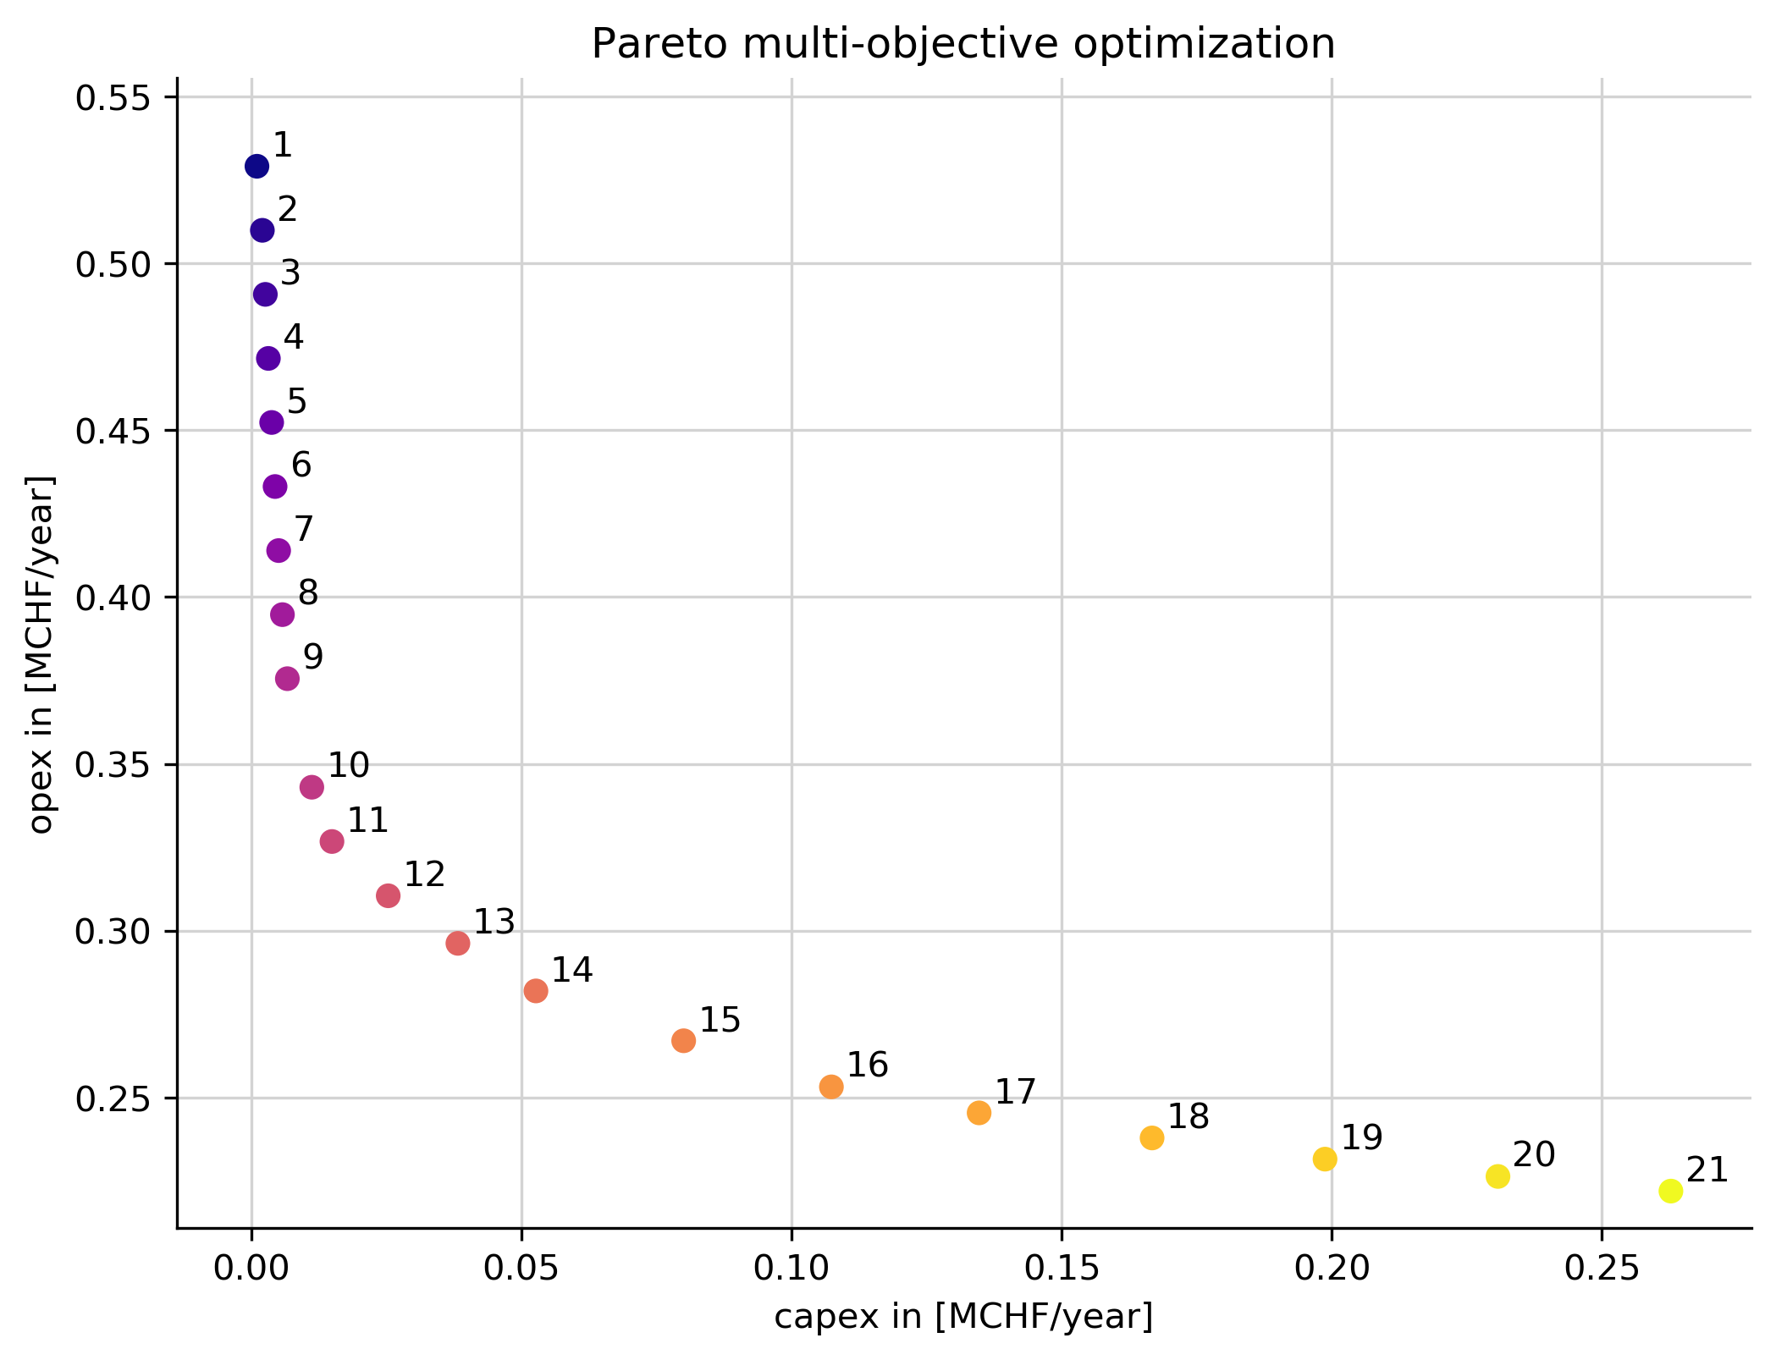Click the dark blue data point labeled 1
(x=256, y=166)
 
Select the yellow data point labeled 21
(x=1670, y=1191)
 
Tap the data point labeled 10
(x=312, y=787)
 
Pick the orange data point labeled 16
(x=831, y=1087)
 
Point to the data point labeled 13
(x=458, y=943)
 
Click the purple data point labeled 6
(x=275, y=487)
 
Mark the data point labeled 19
(x=1325, y=1159)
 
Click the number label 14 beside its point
(x=572, y=970)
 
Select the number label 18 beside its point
(x=1189, y=1117)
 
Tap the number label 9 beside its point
(x=313, y=657)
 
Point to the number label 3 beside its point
(x=290, y=273)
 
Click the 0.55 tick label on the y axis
(x=113, y=98)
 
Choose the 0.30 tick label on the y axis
(x=113, y=933)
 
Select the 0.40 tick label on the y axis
(x=113, y=598)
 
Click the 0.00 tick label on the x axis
(x=251, y=1269)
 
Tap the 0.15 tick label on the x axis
(x=1062, y=1269)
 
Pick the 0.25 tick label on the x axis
(x=1602, y=1269)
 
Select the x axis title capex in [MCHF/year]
(x=963, y=1317)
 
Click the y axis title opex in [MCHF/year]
(x=41, y=653)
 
